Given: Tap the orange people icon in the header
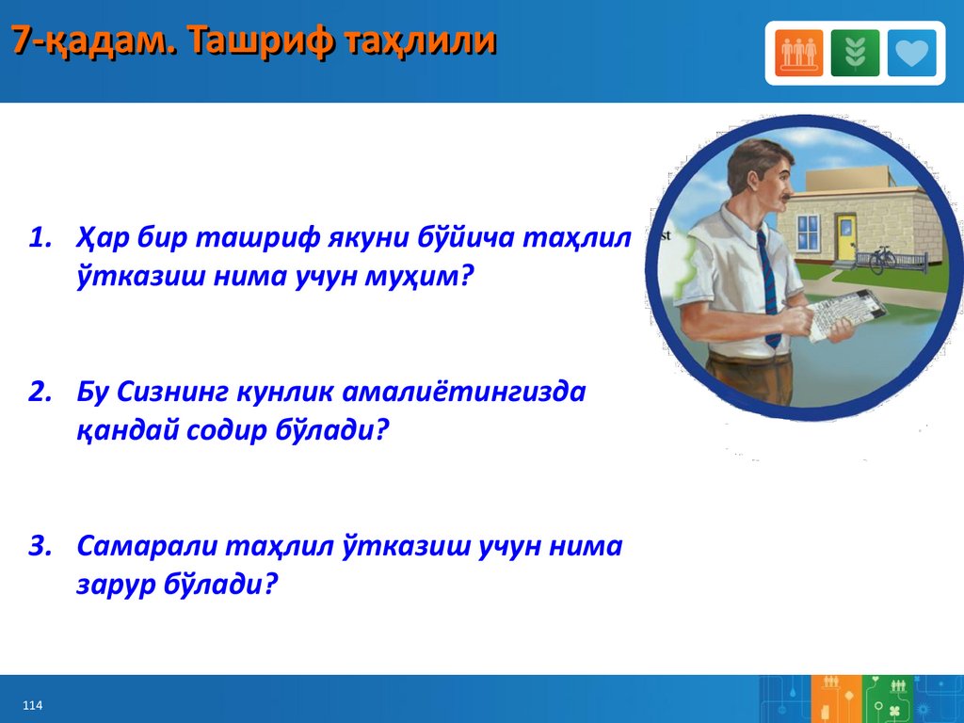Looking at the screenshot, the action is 798,53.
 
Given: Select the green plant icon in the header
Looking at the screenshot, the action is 855,53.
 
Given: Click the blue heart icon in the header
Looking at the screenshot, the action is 911,53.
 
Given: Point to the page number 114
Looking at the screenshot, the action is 33,705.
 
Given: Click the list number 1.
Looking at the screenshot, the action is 40,238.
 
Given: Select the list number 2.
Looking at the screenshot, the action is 40,393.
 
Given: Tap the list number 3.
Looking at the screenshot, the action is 40,546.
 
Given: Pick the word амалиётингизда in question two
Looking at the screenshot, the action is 463,392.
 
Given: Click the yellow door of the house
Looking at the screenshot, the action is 846,237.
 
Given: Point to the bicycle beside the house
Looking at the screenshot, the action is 881,260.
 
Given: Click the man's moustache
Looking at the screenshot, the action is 784,198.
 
